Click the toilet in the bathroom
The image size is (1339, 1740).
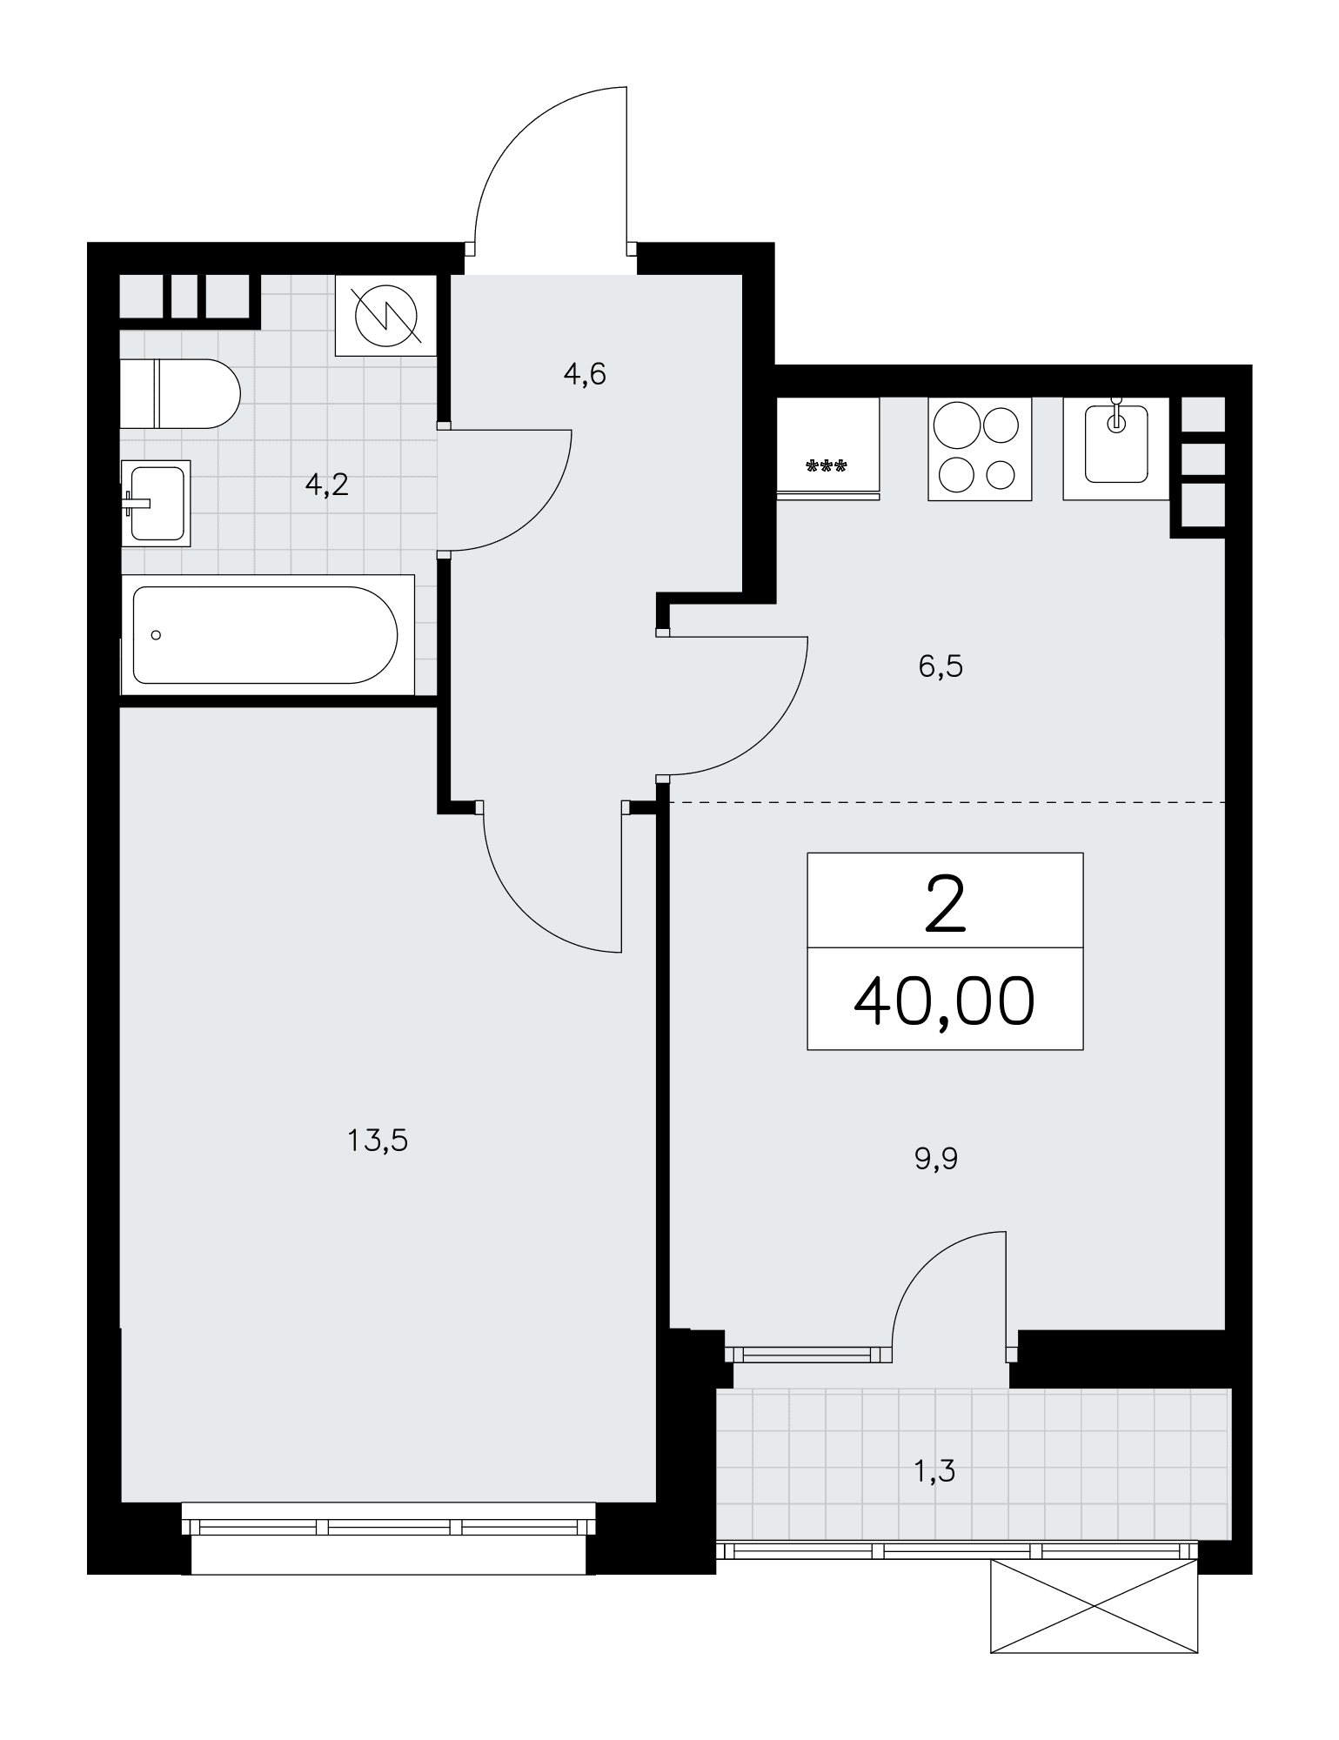[179, 393]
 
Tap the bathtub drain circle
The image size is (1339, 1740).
[156, 635]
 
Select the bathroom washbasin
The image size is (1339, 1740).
[156, 503]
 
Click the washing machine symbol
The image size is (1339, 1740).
[385, 315]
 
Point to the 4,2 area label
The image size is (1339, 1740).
[326, 485]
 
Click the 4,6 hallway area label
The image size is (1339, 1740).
[584, 375]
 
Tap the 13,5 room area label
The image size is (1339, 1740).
[378, 1140]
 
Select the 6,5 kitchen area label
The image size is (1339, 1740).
[941, 667]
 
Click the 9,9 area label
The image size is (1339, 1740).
[936, 1159]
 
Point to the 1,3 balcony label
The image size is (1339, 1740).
[935, 1471]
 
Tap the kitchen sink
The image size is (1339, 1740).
[1116, 449]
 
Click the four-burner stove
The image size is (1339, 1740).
[980, 449]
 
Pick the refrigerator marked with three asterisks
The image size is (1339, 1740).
[828, 448]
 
